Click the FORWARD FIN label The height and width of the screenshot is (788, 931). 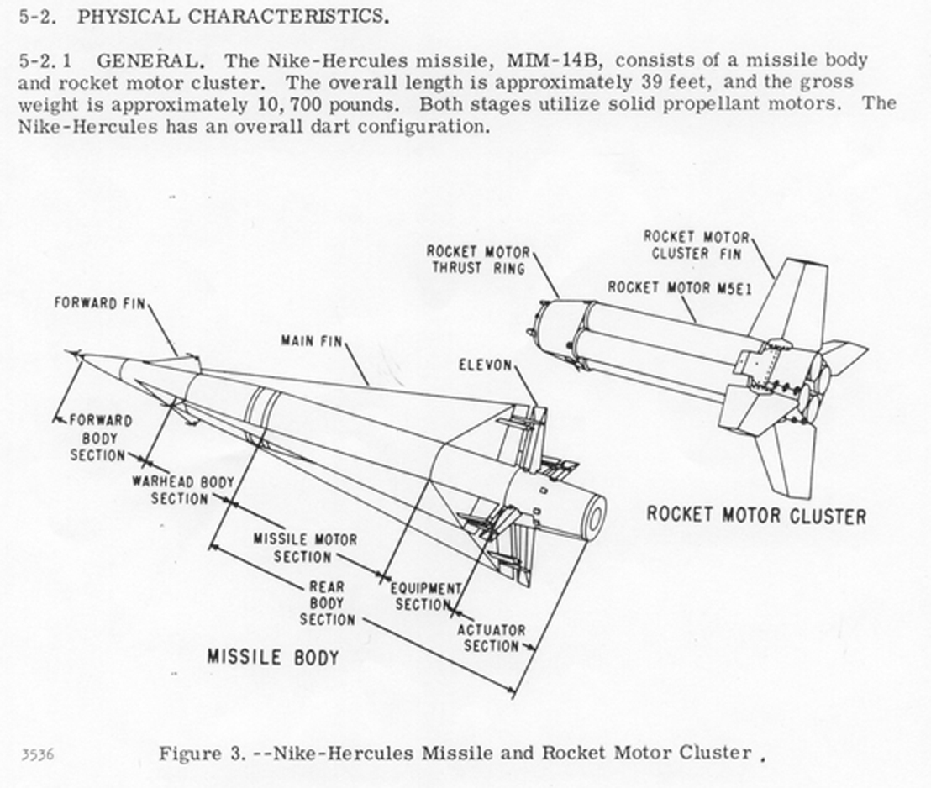(99, 302)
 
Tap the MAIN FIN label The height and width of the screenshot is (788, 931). (310, 341)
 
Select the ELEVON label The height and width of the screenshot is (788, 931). (485, 365)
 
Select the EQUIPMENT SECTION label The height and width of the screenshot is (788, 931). (425, 596)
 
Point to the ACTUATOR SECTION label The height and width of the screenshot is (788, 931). (491, 638)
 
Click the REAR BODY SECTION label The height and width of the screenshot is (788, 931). (327, 603)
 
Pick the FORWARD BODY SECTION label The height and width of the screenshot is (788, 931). (100, 438)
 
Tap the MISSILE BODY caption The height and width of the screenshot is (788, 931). (272, 657)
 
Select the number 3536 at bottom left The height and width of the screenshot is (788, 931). (37, 754)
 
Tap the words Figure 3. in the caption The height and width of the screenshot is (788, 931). (201, 754)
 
